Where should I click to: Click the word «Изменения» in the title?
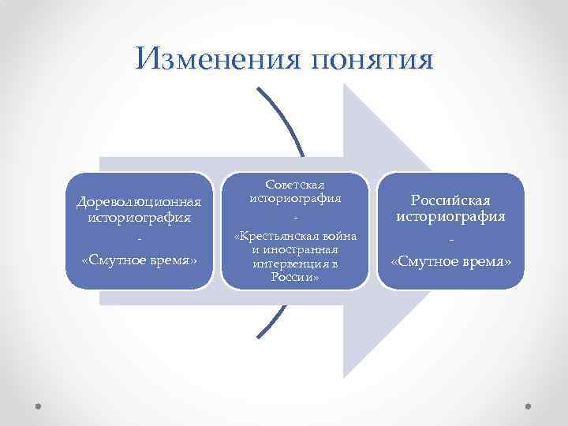pyautogui.click(x=208, y=59)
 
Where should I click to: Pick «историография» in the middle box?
pyautogui.click(x=295, y=198)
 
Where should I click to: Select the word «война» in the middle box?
pyautogui.click(x=338, y=236)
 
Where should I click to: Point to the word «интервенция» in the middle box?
pyautogui.click(x=287, y=264)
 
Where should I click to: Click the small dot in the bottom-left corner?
pyautogui.click(x=39, y=408)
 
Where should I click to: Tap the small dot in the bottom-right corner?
pyautogui.click(x=529, y=408)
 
